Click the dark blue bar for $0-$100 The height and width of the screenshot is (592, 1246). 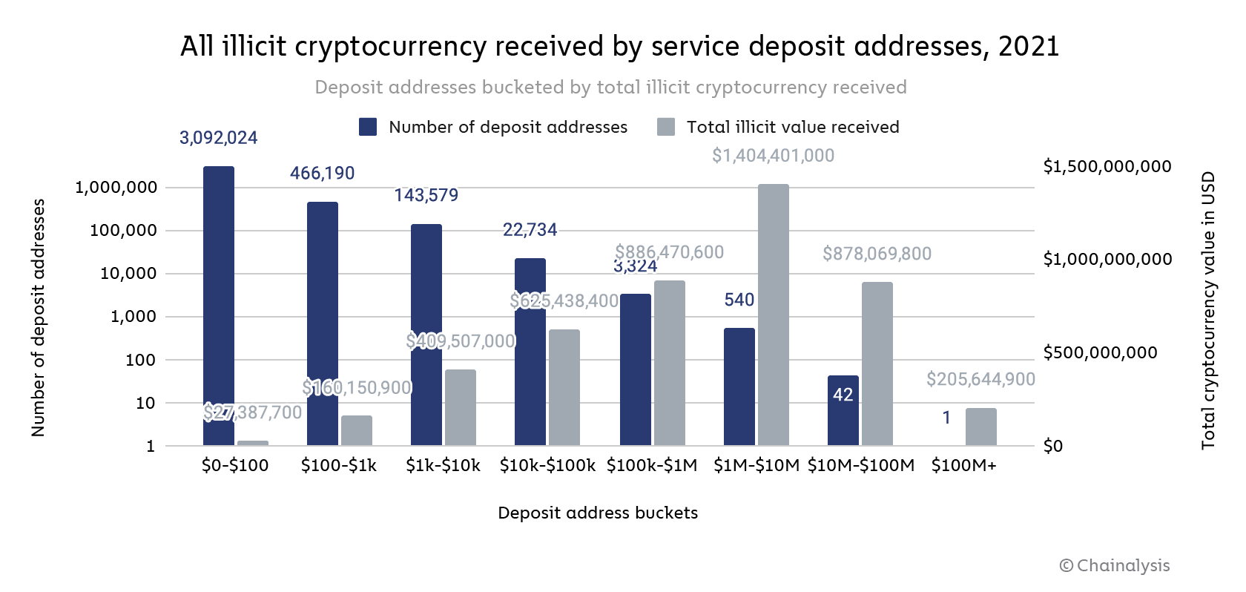tap(219, 306)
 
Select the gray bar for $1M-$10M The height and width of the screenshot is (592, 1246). tap(774, 315)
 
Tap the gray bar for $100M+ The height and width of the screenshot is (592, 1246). tap(981, 427)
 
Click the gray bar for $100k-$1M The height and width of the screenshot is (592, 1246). tap(670, 363)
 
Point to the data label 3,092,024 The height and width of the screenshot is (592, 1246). tap(219, 138)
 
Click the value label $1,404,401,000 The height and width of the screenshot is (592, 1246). tap(773, 156)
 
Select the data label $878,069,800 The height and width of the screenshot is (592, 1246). tap(877, 254)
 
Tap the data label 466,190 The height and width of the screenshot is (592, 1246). tap(323, 174)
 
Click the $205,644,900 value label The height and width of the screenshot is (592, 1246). tap(980, 380)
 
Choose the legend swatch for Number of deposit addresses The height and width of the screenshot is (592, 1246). tap(368, 127)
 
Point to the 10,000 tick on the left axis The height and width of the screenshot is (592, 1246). tap(128, 274)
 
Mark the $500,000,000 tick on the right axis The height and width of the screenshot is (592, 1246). tap(1100, 352)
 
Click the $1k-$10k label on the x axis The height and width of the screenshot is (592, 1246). tap(443, 466)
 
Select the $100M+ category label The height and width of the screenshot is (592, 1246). tap(964, 466)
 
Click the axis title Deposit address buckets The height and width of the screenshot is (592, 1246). tap(598, 513)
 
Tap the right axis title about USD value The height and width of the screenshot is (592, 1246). tap(1208, 310)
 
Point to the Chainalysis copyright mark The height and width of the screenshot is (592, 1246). tap(1115, 566)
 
